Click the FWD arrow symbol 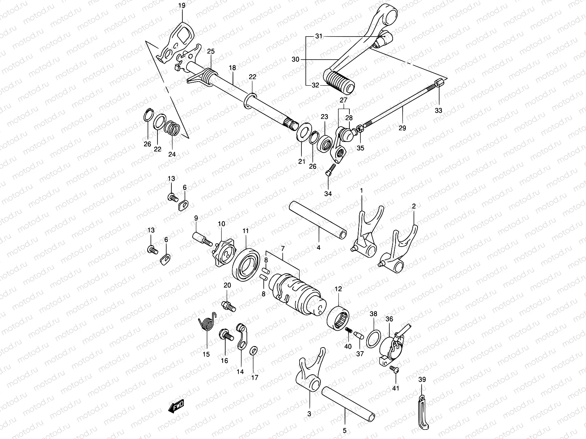pos(176,406)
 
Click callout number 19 pos(182,6)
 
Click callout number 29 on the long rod pos(402,128)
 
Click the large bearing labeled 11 pos(245,264)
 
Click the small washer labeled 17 pos(253,351)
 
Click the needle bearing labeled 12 pos(338,317)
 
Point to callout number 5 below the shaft pos(345,431)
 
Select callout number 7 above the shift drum pos(282,249)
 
